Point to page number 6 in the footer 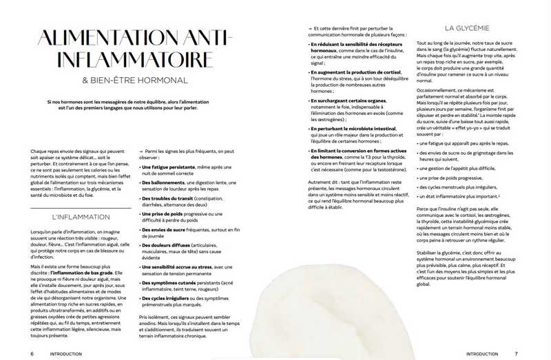(32, 354)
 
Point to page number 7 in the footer (516, 354)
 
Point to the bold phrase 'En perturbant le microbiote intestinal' (353, 128)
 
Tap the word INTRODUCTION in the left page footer (66, 354)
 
